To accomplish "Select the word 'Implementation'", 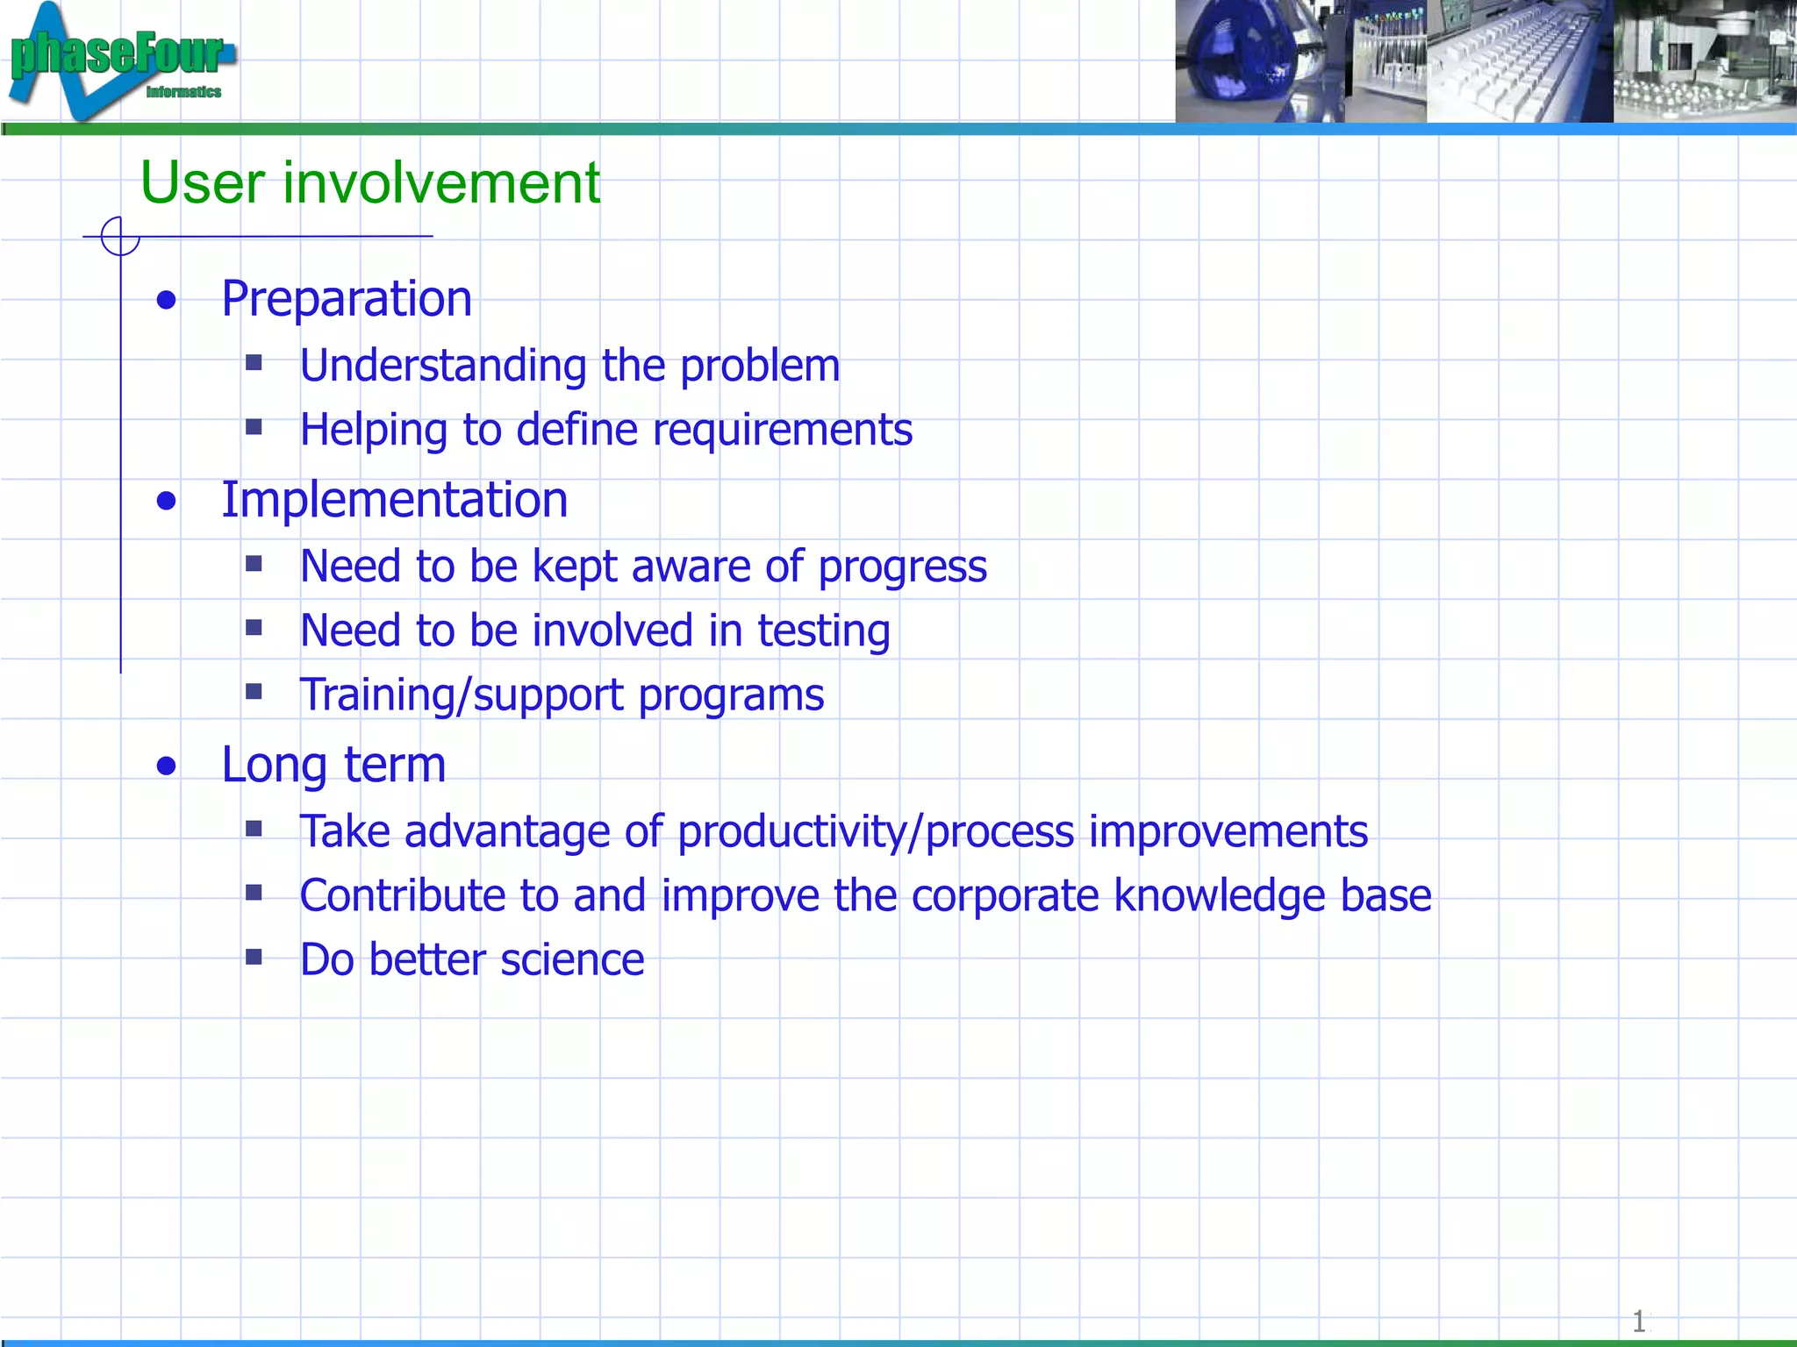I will pos(394,501).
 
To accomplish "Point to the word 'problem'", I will pos(760,367).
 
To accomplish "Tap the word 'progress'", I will pos(902,567).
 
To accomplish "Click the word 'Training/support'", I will pos(461,696).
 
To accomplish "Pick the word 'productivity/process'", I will pos(876,832).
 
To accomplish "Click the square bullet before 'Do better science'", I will pos(254,956).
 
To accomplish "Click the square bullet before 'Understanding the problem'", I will pos(254,362).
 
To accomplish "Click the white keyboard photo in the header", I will pos(1519,61).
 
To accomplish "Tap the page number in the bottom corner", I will pos(1638,1321).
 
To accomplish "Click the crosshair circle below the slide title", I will pos(120,236).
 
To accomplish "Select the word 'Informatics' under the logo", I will pos(183,92).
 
